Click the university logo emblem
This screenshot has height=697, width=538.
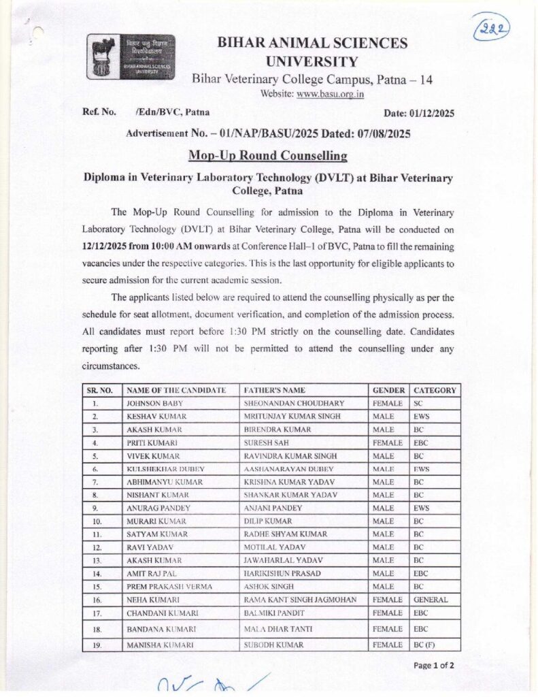tap(130, 57)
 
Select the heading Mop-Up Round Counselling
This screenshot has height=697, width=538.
tap(268, 155)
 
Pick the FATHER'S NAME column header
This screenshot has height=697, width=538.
tap(274, 390)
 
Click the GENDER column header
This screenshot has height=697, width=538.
tap(389, 390)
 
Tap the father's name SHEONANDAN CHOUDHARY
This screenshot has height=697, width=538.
tap(294, 403)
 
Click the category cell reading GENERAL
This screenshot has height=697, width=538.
tap(430, 600)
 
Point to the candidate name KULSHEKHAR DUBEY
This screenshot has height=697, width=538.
tap(165, 469)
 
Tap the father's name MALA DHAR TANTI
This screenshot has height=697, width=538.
tap(284, 629)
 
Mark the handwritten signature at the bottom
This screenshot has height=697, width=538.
tap(211, 684)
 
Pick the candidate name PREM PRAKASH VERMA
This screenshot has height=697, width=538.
tap(169, 587)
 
